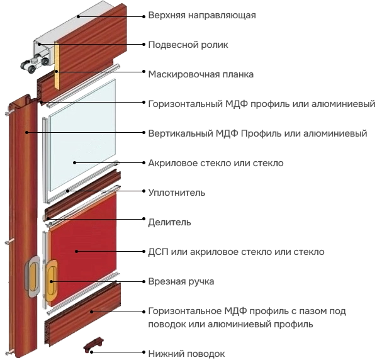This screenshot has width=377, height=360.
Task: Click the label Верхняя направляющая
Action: point(202,15)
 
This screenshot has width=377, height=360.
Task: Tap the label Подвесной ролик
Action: point(188,45)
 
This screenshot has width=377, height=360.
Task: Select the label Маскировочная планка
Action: point(201,74)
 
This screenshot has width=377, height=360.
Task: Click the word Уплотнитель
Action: point(177,193)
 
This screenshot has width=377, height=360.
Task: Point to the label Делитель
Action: point(169,222)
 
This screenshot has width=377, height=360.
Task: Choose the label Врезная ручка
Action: point(181,281)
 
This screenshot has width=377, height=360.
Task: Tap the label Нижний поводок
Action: point(186,354)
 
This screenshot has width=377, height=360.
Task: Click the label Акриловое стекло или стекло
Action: point(216,163)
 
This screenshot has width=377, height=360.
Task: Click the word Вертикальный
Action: point(181,133)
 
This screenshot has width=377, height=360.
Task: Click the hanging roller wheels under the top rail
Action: point(34,64)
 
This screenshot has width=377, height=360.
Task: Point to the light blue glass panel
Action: point(82,135)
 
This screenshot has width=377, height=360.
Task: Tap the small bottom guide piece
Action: point(94,344)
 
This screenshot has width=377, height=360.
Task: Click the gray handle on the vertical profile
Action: point(33,276)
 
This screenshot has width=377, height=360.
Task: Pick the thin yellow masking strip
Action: point(57,65)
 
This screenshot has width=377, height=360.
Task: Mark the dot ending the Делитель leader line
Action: point(143,219)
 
